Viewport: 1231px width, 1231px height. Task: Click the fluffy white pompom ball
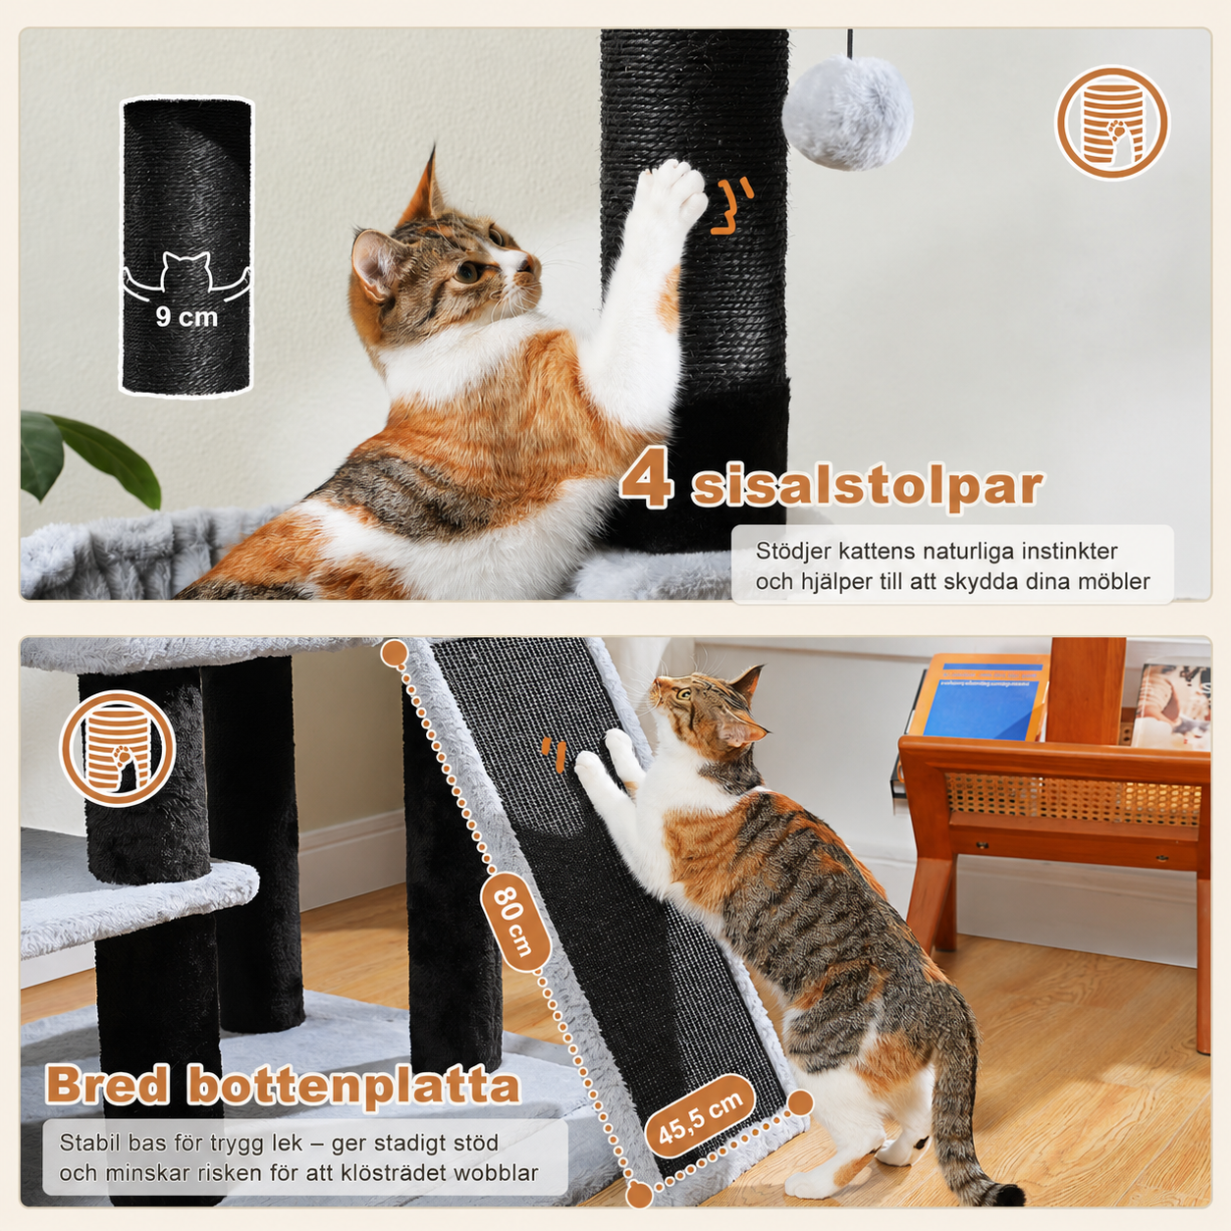(848, 113)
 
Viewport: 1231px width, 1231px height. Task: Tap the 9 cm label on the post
(187, 317)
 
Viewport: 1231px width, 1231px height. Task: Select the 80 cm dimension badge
(515, 921)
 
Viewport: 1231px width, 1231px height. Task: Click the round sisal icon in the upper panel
(1111, 123)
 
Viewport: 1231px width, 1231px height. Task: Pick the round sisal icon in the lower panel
(118, 747)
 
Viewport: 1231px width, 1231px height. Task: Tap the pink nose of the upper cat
(529, 261)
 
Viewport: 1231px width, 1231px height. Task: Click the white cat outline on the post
(186, 275)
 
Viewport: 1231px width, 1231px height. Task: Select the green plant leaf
(89, 456)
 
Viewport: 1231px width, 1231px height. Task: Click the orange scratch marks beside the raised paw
(732, 206)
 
